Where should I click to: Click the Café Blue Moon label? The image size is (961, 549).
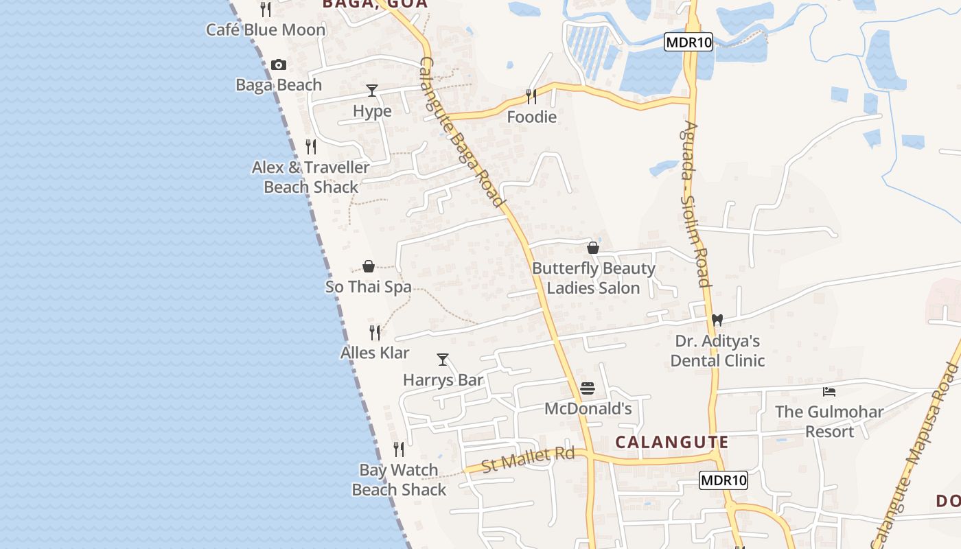tap(266, 30)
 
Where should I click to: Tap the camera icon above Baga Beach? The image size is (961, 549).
tap(278, 65)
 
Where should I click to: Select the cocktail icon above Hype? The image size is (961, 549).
tap(372, 90)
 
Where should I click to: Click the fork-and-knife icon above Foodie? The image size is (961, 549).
tap(531, 96)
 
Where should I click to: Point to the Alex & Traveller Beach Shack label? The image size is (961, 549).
tap(311, 177)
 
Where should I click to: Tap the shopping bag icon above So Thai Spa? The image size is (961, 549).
tap(369, 266)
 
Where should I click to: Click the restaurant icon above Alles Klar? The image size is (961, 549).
tap(375, 333)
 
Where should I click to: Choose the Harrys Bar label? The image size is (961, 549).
tap(443, 380)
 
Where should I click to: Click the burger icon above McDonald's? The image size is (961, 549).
tap(588, 388)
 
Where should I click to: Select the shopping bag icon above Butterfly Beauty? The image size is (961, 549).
tap(593, 248)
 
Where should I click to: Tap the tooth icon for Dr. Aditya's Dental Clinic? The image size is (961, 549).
tap(717, 320)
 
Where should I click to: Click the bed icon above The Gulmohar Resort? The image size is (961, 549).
tap(829, 392)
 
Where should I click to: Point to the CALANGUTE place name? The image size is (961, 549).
tap(671, 443)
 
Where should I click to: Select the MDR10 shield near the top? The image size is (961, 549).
tap(688, 43)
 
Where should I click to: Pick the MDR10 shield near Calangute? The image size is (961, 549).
tap(723, 480)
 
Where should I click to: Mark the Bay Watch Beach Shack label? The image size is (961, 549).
tap(399, 480)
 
